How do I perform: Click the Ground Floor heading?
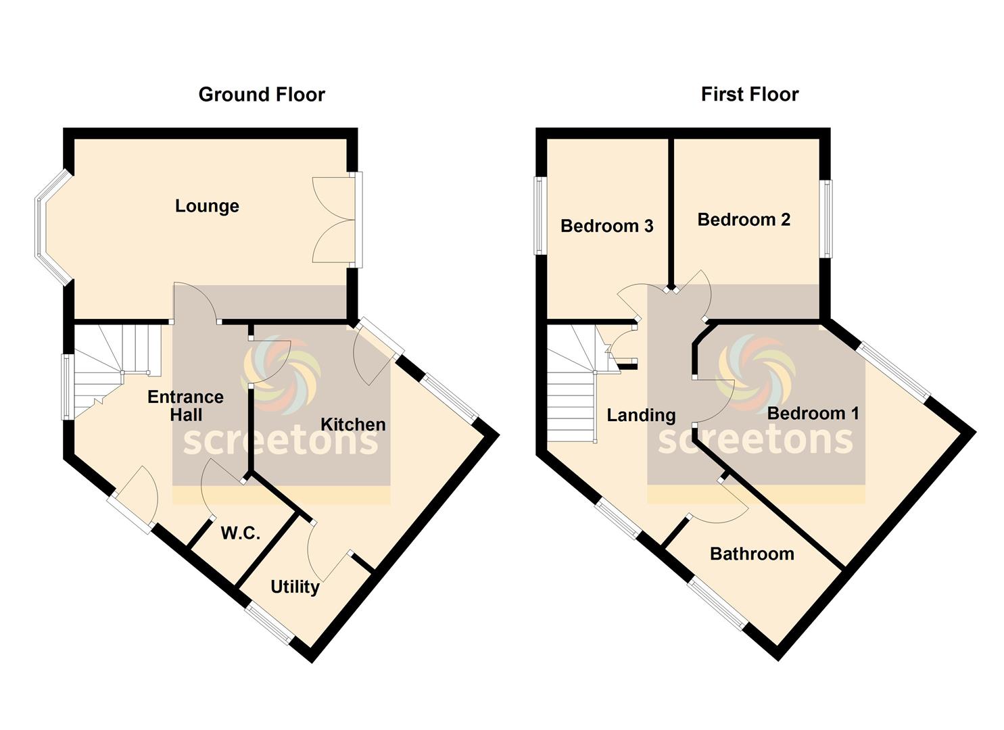pyautogui.click(x=262, y=95)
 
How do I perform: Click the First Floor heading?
pyautogui.click(x=750, y=95)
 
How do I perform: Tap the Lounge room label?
pyautogui.click(x=207, y=206)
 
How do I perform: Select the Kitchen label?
pyautogui.click(x=353, y=424)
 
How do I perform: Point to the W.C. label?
pyautogui.click(x=241, y=533)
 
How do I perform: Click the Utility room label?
pyautogui.click(x=295, y=587)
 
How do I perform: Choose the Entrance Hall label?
pyautogui.click(x=185, y=406)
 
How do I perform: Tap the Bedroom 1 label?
pyautogui.click(x=813, y=413)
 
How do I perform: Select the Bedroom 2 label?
pyautogui.click(x=744, y=220)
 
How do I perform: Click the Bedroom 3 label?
pyautogui.click(x=607, y=226)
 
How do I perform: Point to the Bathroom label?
pyautogui.click(x=752, y=554)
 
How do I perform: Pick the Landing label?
pyautogui.click(x=641, y=416)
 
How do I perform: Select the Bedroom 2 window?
pyautogui.click(x=826, y=219)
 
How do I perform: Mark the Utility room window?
pyautogui.click(x=269, y=624)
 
